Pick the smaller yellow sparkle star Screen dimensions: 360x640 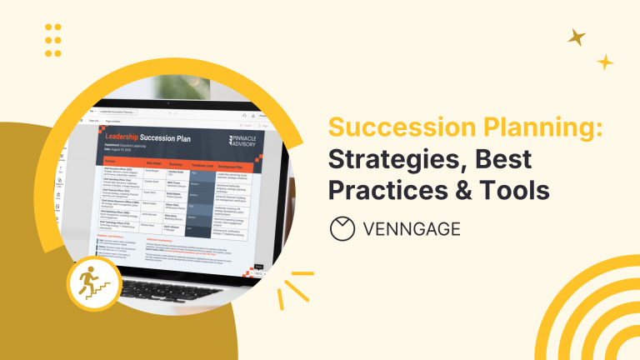[x=605, y=62]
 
